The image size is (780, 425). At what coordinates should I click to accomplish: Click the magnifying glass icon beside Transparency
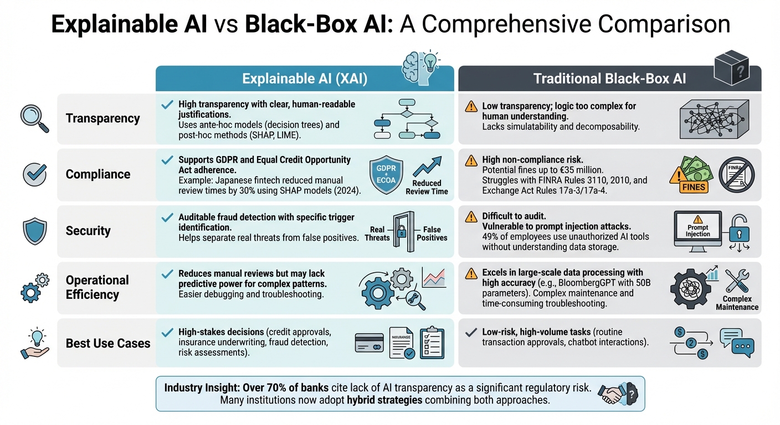click(x=34, y=118)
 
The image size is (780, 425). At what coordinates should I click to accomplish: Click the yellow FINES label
click(x=694, y=186)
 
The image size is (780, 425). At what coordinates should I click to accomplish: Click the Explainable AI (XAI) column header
click(x=305, y=79)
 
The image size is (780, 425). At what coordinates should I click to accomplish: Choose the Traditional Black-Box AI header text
click(x=609, y=79)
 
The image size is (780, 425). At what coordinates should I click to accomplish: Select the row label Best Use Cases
click(x=108, y=343)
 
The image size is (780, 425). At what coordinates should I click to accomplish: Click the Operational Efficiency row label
click(x=97, y=287)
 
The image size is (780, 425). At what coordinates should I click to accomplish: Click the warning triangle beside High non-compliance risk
click(x=471, y=160)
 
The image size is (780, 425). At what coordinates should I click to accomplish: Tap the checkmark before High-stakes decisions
click(x=166, y=332)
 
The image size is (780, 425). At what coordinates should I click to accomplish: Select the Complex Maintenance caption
click(x=741, y=303)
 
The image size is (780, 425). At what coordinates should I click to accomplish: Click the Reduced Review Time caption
click(x=427, y=187)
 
